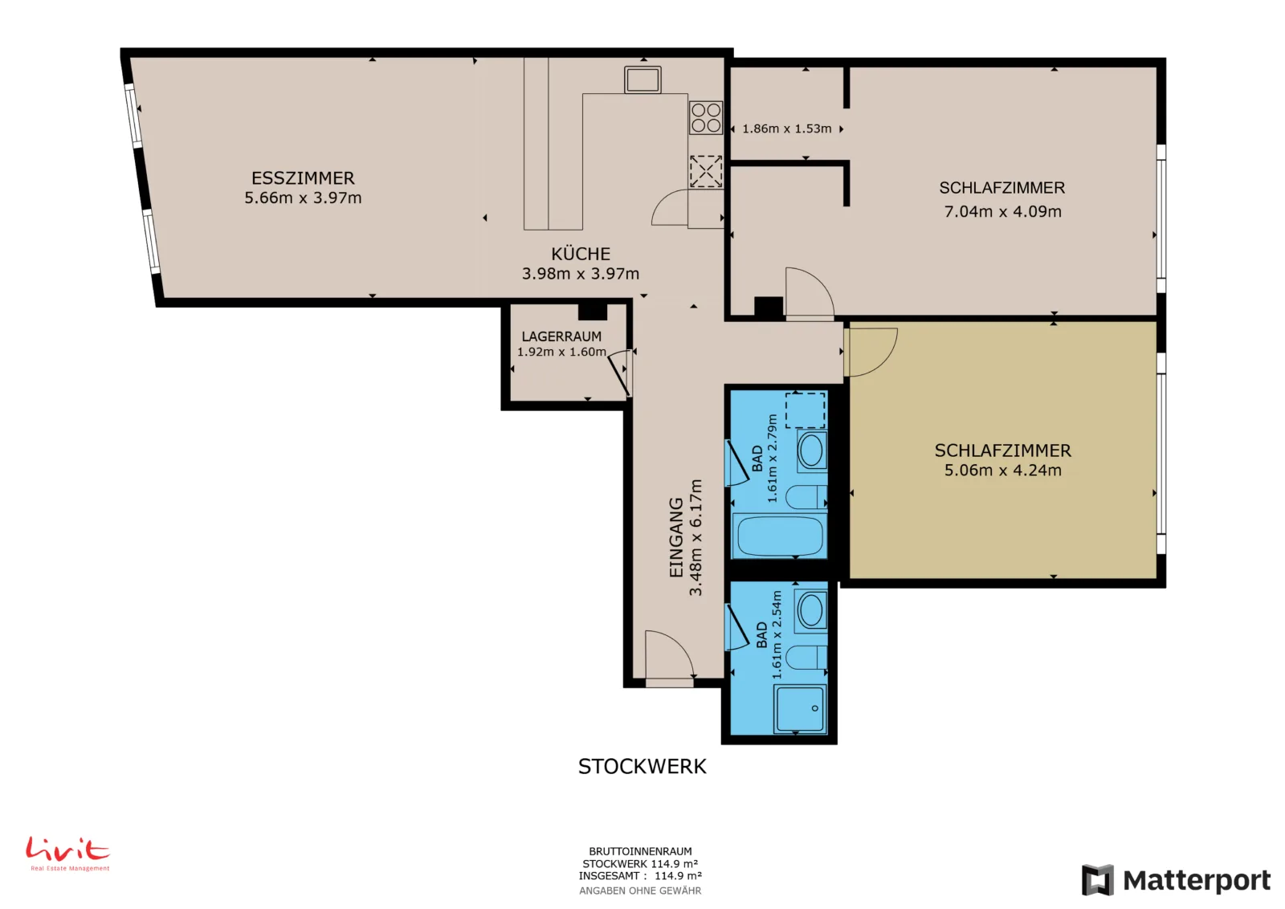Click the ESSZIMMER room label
coord(303,177)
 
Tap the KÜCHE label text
coord(581,254)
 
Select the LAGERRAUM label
coord(561,336)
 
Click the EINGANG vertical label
coord(676,537)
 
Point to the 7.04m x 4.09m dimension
coord(1002,212)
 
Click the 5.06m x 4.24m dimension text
coord(1002,471)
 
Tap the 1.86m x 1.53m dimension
coord(786,128)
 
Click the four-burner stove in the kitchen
coord(706,117)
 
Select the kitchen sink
coord(642,79)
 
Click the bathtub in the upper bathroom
coord(780,535)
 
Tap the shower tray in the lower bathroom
coord(800,709)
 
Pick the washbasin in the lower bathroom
coord(810,609)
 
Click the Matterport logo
coord(1176,880)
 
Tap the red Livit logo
coord(67,854)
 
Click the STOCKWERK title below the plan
coord(642,766)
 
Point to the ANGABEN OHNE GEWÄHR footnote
coord(640,891)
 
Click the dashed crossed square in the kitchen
coord(706,171)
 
